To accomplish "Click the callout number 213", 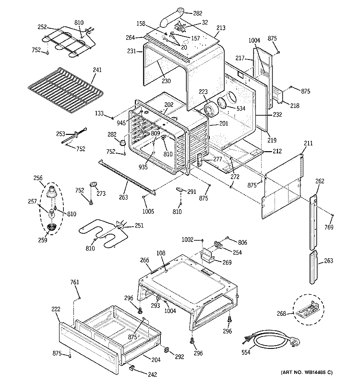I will (x=220, y=28).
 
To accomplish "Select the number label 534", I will (x=240, y=108).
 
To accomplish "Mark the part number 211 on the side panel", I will (x=308, y=144).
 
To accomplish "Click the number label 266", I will (x=144, y=261).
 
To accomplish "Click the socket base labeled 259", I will (x=51, y=227).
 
